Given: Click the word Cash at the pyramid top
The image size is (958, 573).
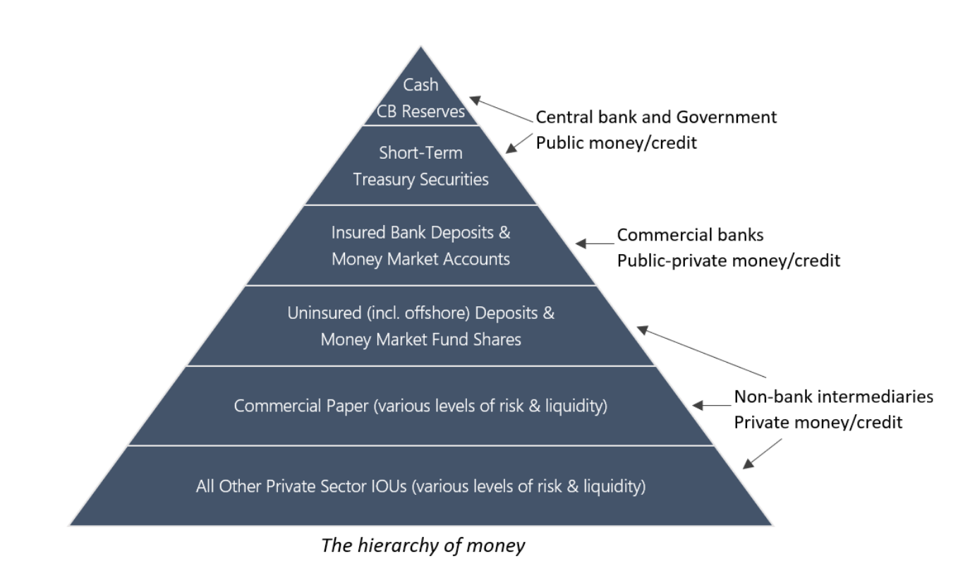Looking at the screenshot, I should click(420, 85).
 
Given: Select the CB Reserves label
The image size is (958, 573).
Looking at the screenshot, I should click(421, 111).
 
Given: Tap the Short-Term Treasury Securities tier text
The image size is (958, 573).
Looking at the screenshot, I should click(420, 166).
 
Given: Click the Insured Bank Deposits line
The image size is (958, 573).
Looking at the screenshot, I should click(420, 231).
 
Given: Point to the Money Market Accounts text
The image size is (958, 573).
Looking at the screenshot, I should click(420, 259).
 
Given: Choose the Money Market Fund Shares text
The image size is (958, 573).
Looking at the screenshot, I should click(420, 339).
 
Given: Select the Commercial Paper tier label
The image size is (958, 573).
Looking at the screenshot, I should click(420, 406).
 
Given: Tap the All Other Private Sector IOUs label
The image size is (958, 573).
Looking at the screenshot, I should click(420, 486).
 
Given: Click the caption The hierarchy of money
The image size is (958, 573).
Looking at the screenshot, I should click(423, 545).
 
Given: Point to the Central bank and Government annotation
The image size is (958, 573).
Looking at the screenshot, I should click(656, 117).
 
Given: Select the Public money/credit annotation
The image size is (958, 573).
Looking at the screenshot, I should click(616, 143).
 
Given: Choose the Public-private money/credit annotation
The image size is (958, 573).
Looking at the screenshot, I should click(729, 260).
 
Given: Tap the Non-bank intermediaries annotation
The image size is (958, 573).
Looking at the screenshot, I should click(833, 397).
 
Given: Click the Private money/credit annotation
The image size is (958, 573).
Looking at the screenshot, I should click(818, 423).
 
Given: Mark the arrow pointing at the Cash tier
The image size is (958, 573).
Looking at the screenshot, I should click(500, 109).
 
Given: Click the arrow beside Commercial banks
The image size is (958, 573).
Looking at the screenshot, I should click(595, 243).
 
